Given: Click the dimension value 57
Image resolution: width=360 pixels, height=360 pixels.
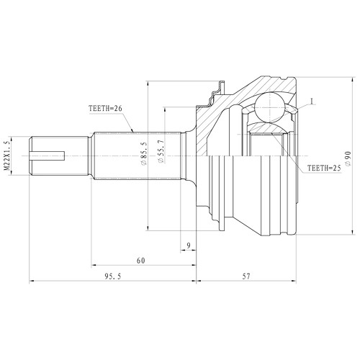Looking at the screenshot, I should tap(246, 275).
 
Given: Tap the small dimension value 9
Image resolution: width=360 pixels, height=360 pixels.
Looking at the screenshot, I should tap(188, 246).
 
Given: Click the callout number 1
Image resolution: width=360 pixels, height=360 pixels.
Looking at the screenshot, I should tap(312, 101).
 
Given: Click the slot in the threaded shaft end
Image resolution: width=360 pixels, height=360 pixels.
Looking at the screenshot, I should tap(51, 154).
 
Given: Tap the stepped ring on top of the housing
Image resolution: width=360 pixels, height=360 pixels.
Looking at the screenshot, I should tap(214, 93).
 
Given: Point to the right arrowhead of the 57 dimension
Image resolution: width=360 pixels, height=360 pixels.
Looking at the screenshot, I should tap(295, 281).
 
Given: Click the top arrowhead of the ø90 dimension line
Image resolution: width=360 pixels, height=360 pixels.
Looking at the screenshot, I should tap(352, 75).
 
